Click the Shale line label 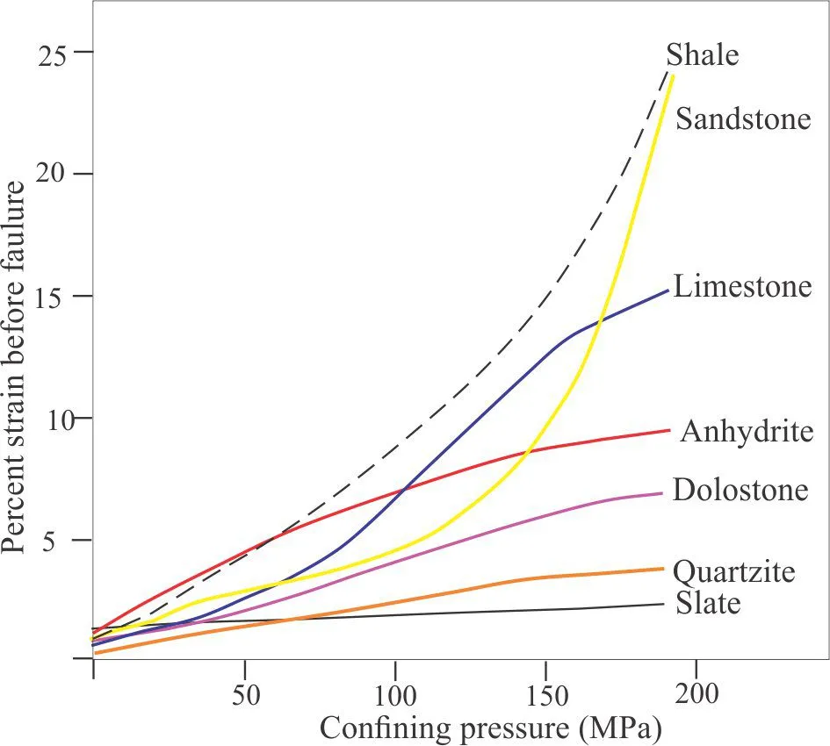pos(703,55)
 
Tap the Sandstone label pos(743,118)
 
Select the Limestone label pos(743,287)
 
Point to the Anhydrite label pos(747,432)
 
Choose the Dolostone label pos(740,490)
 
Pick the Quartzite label pos(734,572)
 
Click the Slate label pos(709,603)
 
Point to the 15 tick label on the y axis pos(54,297)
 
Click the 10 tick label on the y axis pos(54,418)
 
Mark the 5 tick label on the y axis pos(63,540)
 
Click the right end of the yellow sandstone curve pos(673,76)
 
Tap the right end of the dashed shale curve pos(668,68)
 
